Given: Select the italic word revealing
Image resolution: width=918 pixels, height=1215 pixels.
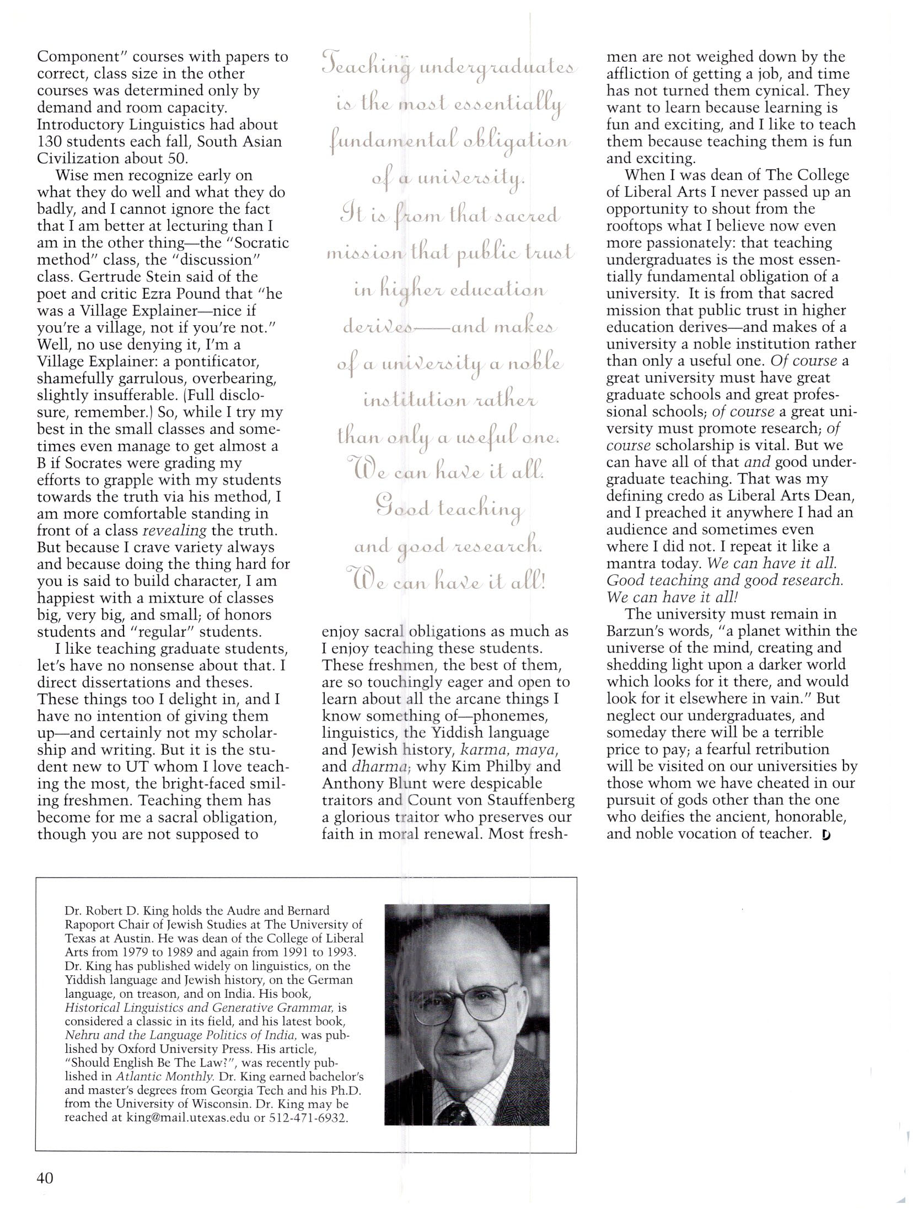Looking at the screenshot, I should click(x=175, y=530).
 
